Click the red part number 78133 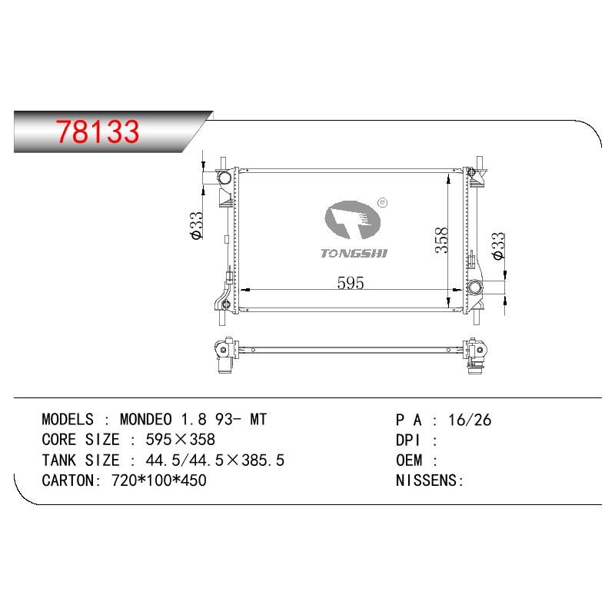pyautogui.click(x=98, y=131)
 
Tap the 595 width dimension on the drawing pyautogui.click(x=351, y=282)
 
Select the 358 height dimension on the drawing pyautogui.click(x=441, y=240)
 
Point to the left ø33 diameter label pyautogui.click(x=196, y=225)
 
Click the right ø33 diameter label pyautogui.click(x=498, y=246)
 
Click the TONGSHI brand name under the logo pyautogui.click(x=354, y=254)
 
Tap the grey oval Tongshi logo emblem pyautogui.click(x=352, y=220)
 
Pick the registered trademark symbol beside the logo pyautogui.click(x=382, y=203)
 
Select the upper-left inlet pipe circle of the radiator pyautogui.click(x=225, y=178)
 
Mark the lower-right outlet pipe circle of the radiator pyautogui.click(x=475, y=287)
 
